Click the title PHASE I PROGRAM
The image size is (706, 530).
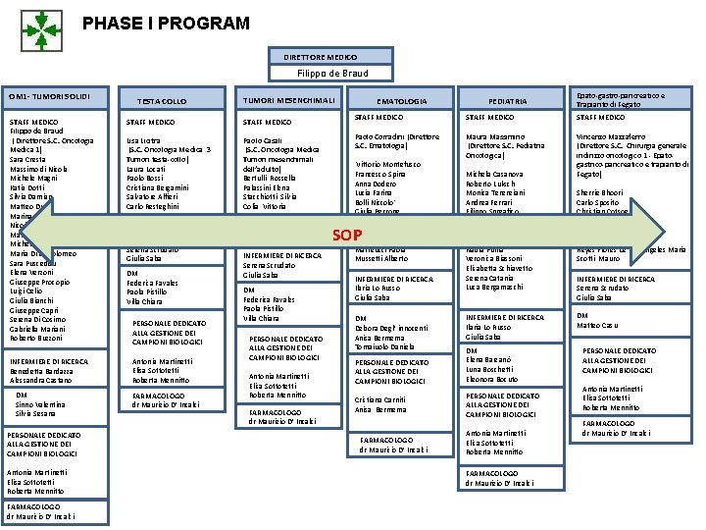166,23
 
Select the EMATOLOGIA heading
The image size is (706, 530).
402,101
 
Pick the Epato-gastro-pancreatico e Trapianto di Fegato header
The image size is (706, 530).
620,100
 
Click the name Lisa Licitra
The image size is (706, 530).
144,140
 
